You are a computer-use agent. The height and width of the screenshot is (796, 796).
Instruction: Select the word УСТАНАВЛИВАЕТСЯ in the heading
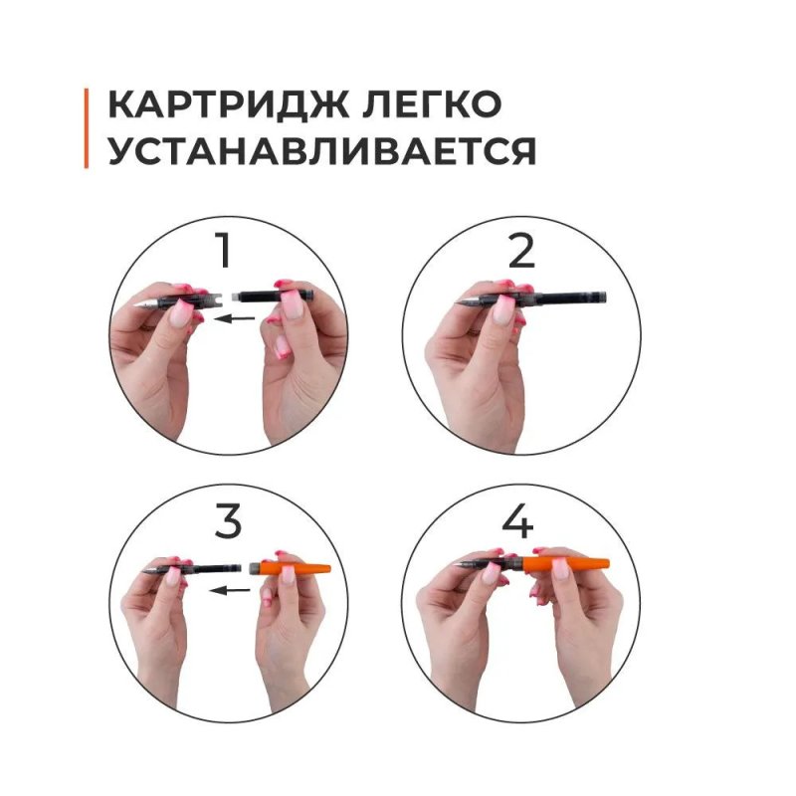coord(321,151)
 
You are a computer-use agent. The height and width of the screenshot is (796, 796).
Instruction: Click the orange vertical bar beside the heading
coord(87,128)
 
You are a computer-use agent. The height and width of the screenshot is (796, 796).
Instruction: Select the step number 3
coord(228,521)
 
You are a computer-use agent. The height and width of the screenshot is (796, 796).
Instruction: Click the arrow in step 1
coord(235,318)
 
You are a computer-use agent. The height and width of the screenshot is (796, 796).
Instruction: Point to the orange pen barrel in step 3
coord(298,567)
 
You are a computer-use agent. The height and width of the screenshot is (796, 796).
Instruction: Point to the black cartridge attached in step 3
coord(214,568)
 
